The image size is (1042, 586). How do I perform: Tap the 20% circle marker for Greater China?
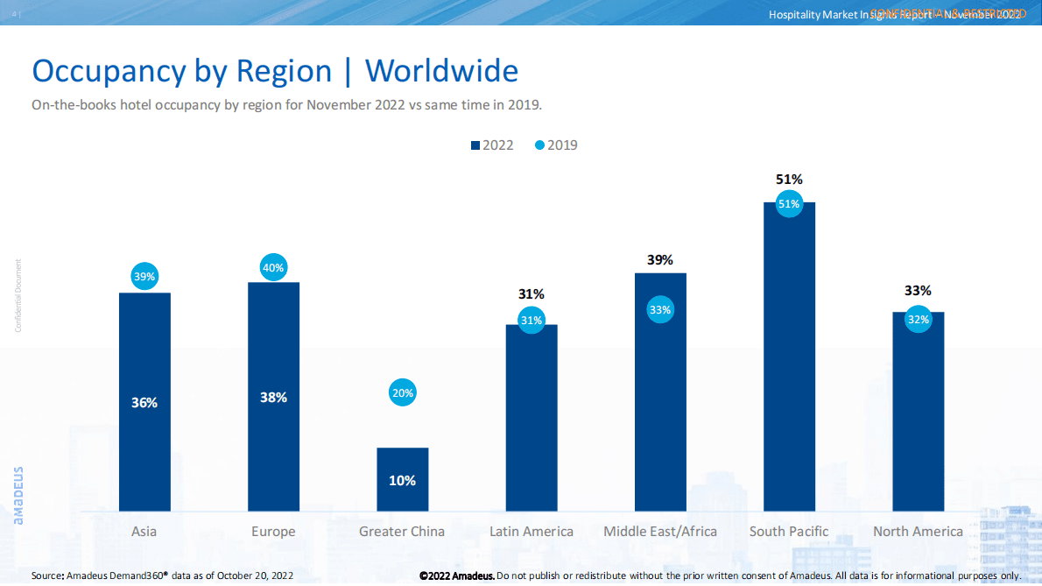[403, 393]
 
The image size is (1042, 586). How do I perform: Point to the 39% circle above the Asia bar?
[144, 277]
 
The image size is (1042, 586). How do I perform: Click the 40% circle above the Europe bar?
[273, 268]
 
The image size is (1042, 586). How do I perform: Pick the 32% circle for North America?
[918, 320]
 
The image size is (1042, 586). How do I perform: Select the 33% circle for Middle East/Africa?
[660, 309]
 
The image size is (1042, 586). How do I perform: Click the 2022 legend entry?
[492, 145]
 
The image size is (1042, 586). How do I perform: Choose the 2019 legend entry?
[556, 145]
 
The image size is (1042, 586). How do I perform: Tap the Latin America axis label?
[531, 532]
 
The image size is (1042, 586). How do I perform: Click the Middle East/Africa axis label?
[660, 532]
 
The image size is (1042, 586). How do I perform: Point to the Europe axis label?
[273, 532]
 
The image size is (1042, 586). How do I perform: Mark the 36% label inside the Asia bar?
[144, 403]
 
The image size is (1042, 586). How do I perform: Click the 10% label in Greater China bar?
[403, 481]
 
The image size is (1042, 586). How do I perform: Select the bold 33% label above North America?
[918, 291]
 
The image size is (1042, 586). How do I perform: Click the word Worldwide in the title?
[441, 71]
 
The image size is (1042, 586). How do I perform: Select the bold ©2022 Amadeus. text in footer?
[456, 575]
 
